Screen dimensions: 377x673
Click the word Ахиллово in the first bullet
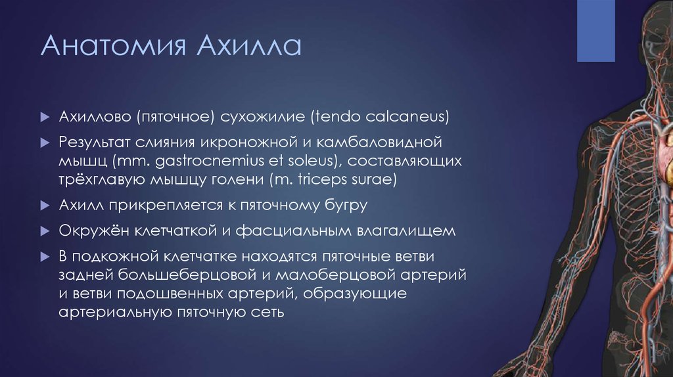95,118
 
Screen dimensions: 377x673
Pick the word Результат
95,142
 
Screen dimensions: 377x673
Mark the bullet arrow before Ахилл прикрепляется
44,206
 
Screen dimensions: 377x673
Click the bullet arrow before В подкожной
44,256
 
